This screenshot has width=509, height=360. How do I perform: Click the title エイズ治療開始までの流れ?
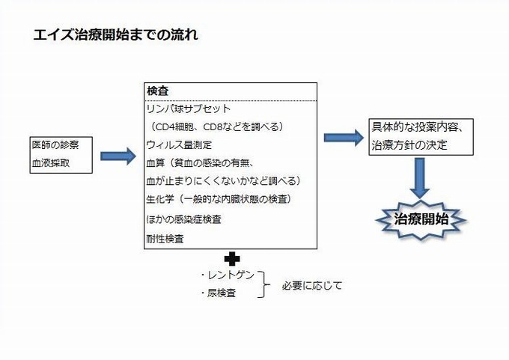point(116,35)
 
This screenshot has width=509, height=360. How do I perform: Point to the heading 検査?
point(157,91)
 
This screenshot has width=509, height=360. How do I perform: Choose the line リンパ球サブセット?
point(189,109)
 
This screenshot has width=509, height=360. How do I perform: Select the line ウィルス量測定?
point(179,144)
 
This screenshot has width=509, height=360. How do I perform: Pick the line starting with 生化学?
point(218,199)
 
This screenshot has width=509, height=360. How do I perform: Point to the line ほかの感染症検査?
point(183,219)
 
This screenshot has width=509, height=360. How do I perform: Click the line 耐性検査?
point(165,240)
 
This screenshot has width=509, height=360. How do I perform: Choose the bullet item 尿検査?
point(219,293)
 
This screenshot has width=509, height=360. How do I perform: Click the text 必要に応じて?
point(311,285)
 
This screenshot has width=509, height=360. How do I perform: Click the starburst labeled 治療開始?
point(421,219)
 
